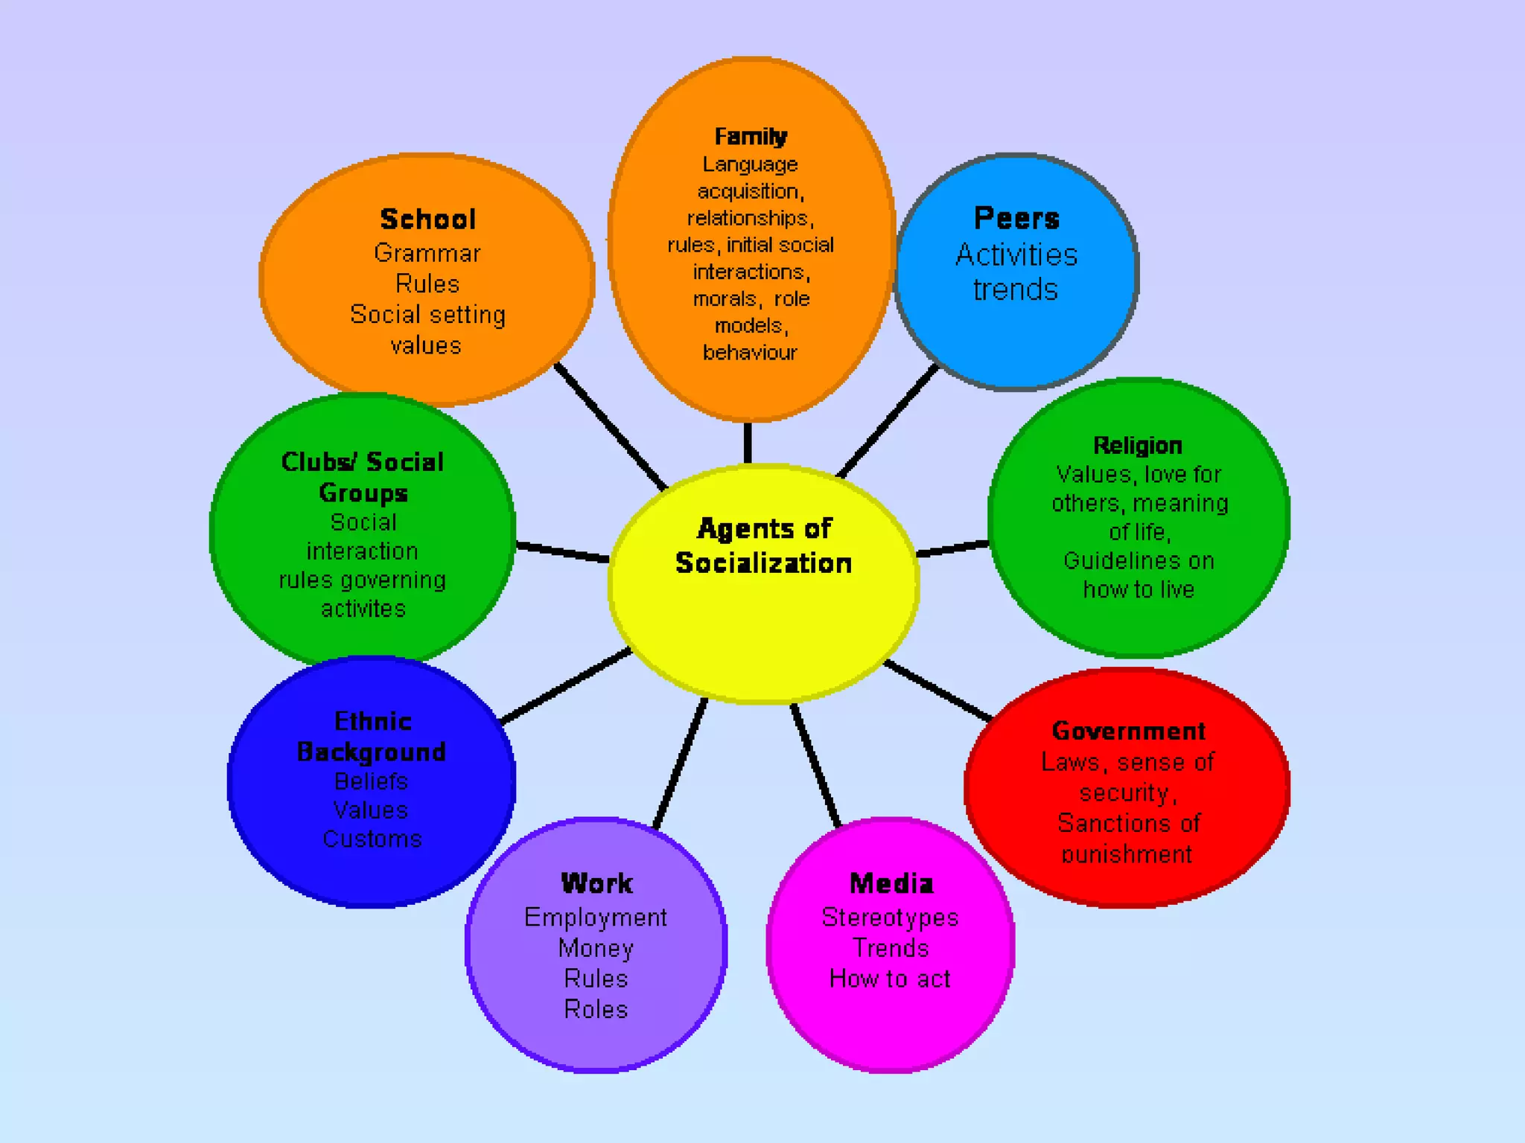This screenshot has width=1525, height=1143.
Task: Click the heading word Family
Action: (x=751, y=136)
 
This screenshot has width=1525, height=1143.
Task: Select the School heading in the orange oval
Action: (x=427, y=220)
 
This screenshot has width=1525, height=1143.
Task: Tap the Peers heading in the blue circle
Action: (x=1016, y=218)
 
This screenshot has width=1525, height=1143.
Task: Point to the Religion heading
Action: (x=1137, y=445)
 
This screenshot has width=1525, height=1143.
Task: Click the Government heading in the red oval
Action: (x=1128, y=731)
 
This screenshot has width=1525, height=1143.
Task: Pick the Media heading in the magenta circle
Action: (x=891, y=883)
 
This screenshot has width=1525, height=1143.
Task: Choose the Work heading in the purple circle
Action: (x=596, y=883)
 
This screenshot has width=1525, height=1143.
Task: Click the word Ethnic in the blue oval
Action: (x=372, y=721)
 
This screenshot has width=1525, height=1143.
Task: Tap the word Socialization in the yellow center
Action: (x=763, y=563)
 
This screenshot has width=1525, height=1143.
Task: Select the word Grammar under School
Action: (x=427, y=253)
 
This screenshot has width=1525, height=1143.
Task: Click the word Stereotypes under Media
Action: (x=890, y=918)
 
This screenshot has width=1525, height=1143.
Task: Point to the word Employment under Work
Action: (x=596, y=918)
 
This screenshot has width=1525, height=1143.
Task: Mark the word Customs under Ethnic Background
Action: (x=372, y=839)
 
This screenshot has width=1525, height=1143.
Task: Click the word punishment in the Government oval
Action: (x=1127, y=854)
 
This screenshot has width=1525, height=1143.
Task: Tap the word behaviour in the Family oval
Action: (x=750, y=352)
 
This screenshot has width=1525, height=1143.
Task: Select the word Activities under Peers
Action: (x=1016, y=254)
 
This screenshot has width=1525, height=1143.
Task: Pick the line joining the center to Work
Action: (x=679, y=763)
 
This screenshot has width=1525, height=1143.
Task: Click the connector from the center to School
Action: (x=611, y=426)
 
